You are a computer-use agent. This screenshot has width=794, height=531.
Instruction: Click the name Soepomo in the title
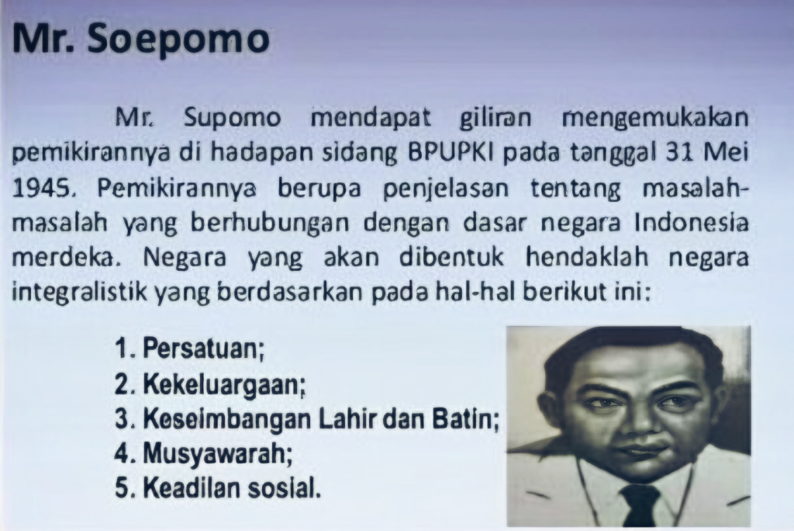pos(178,40)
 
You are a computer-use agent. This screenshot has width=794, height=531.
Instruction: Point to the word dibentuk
pos(452,258)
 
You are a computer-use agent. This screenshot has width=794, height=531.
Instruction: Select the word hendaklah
pos(587,258)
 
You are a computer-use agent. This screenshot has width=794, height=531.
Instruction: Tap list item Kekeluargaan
pos(224,384)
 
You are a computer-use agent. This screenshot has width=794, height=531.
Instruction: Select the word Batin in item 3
pos(466,420)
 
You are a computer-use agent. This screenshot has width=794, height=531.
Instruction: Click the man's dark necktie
pos(640,504)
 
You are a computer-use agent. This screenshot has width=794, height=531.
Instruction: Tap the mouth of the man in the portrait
pos(643,450)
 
